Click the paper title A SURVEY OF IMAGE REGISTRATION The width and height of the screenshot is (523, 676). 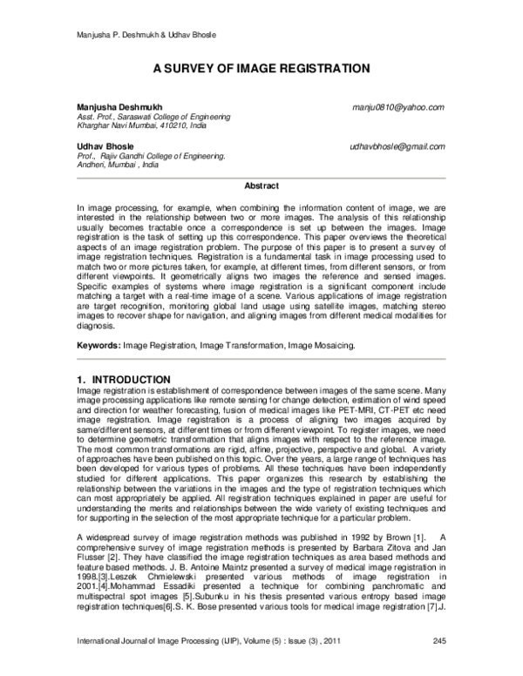[x=261, y=67]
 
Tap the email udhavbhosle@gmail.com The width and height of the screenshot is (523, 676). [x=397, y=147]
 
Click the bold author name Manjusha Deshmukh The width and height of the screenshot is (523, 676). [x=119, y=107]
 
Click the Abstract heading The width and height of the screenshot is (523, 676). [x=261, y=186]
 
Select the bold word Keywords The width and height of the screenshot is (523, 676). [x=98, y=346]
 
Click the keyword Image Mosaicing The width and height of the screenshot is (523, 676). [x=324, y=346]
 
